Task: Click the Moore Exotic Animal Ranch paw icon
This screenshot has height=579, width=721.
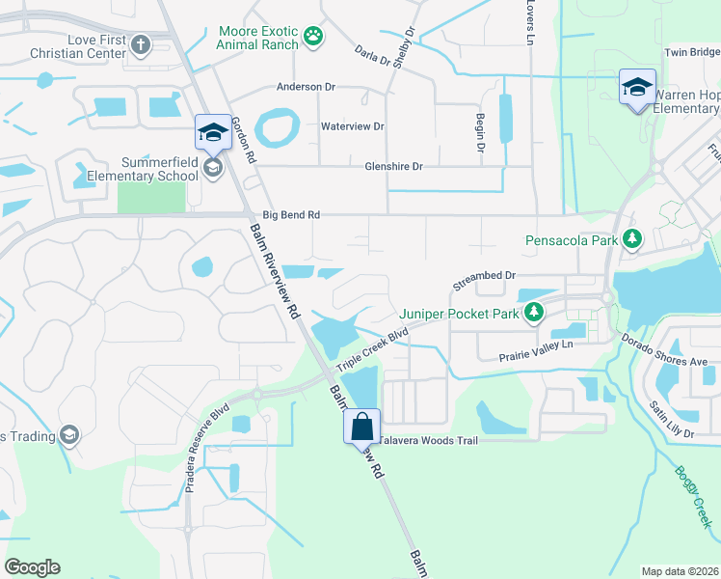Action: pyautogui.click(x=313, y=37)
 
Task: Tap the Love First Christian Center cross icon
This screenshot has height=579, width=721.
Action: pyautogui.click(x=141, y=43)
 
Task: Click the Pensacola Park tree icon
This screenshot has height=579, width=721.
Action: pyautogui.click(x=632, y=238)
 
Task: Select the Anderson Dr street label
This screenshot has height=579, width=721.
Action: pyautogui.click(x=306, y=87)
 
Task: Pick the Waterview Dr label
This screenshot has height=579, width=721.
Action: pyautogui.click(x=352, y=126)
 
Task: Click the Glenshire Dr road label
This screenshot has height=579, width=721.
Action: pyautogui.click(x=393, y=166)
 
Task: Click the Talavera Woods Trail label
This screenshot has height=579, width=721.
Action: pyautogui.click(x=428, y=440)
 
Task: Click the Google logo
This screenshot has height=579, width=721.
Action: pyautogui.click(x=33, y=567)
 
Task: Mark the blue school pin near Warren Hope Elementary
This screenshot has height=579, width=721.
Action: pyautogui.click(x=637, y=89)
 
